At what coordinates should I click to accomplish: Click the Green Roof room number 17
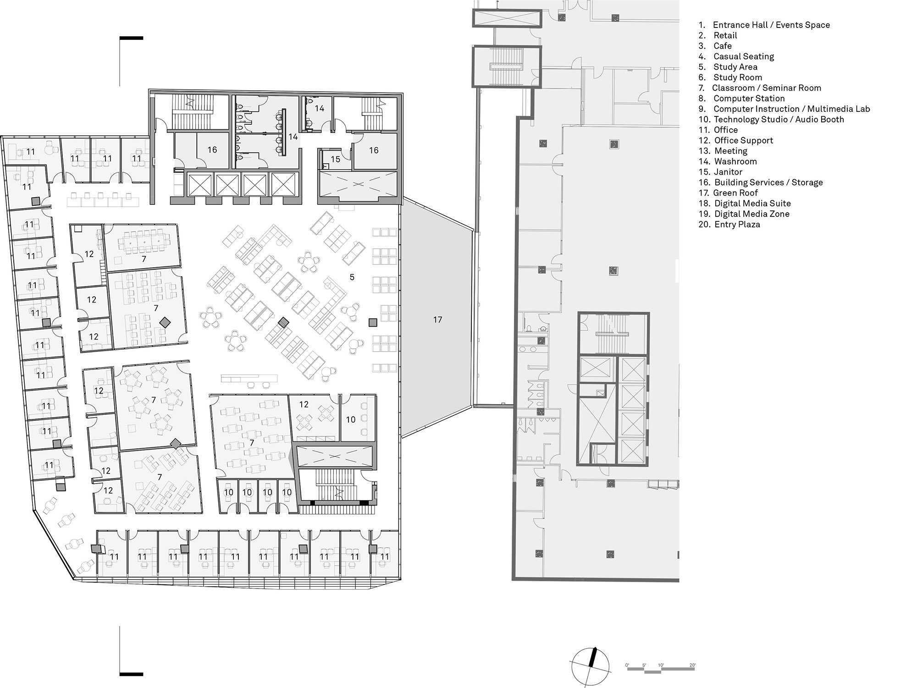pos(437,319)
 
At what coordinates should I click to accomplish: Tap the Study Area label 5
pos(352,277)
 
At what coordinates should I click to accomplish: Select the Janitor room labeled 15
pos(335,160)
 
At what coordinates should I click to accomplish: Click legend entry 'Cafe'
pos(722,46)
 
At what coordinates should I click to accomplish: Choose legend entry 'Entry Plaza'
pos(737,224)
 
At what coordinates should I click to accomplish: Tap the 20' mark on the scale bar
pos(692,665)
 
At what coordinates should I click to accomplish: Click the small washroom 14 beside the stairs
pos(320,108)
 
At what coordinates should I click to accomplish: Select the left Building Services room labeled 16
pos(212,150)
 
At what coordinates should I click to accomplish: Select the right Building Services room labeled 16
pos(374,150)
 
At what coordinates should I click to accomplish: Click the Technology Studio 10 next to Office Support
pos(351,419)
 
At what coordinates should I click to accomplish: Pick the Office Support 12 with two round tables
pos(304,404)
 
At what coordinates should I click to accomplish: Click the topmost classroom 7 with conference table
pos(144,259)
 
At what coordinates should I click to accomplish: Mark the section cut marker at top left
pos(131,39)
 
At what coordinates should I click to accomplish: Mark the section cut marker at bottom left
pos(131,674)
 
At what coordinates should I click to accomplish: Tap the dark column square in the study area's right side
pos(373,323)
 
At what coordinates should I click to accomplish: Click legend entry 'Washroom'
pos(735,161)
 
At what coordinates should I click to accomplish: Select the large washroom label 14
pos(293,137)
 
